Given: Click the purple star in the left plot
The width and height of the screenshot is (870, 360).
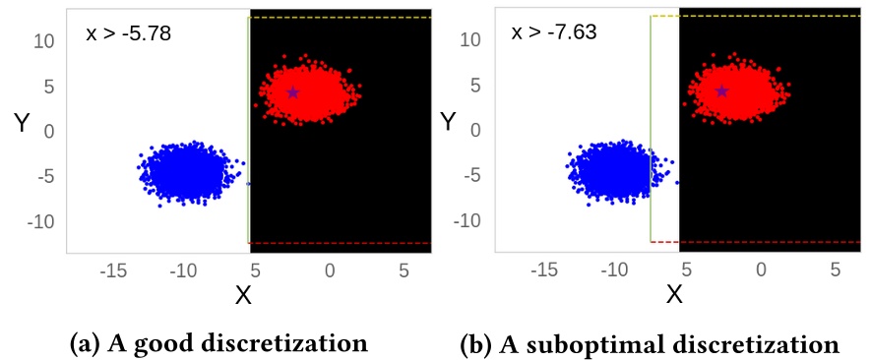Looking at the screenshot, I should click(293, 92).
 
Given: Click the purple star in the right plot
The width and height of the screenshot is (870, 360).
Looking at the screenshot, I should click(722, 90).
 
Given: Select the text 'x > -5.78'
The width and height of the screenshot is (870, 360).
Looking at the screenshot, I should click(130, 33).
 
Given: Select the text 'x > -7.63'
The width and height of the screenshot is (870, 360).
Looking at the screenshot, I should click(555, 32).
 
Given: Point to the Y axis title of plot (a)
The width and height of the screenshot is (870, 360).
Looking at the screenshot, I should click(23, 123).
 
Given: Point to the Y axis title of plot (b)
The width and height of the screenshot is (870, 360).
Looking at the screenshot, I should click(449, 122).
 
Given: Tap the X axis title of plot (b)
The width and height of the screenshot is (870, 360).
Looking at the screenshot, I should click(675, 294).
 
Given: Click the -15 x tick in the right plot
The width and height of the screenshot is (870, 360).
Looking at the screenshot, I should click(544, 270).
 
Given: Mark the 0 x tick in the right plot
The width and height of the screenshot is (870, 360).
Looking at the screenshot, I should click(761, 270).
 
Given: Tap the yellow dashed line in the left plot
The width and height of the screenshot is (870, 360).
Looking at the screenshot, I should click(340, 18).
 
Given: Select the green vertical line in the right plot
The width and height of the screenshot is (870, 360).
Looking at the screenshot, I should click(652, 128).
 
